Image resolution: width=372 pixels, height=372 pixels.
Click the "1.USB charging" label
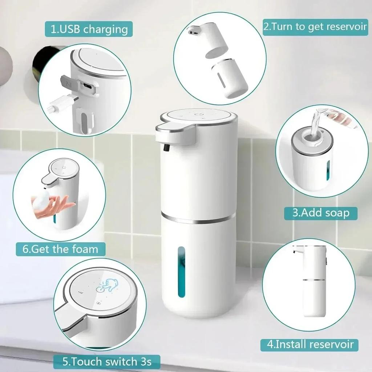(x=89, y=29)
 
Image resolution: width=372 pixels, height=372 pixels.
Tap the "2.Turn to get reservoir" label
(x=315, y=27)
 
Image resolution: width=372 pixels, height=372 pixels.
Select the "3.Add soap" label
(x=320, y=213)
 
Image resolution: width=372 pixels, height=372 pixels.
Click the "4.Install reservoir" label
(x=309, y=344)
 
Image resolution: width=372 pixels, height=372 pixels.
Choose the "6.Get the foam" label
(x=60, y=249)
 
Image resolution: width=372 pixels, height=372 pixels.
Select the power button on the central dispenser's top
(x=198, y=115)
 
